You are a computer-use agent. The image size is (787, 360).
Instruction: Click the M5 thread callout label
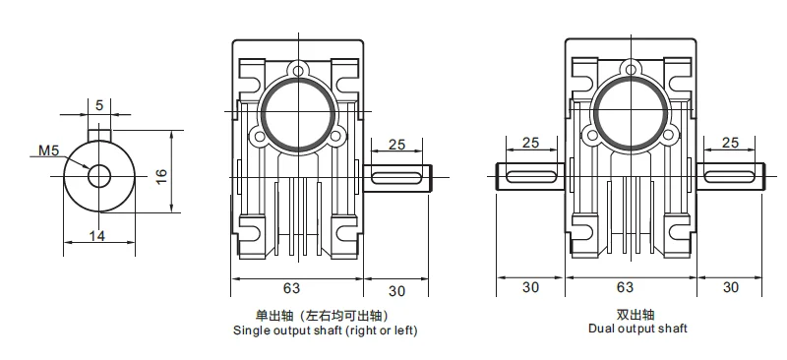(48, 150)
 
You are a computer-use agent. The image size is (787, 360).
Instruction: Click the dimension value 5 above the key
(99, 105)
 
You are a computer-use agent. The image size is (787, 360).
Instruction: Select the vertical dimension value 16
(161, 176)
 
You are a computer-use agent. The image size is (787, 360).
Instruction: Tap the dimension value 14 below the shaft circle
(97, 235)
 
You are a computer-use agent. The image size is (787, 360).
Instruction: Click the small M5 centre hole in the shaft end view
(99, 176)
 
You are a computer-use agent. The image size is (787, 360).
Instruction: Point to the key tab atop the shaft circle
(99, 135)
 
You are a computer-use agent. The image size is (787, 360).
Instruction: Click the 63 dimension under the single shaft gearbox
(291, 287)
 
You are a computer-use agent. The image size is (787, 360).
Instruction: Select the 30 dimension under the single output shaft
(396, 291)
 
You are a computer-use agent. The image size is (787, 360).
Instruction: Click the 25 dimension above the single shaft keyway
(396, 145)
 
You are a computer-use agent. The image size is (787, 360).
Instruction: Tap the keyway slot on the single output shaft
(396, 177)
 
